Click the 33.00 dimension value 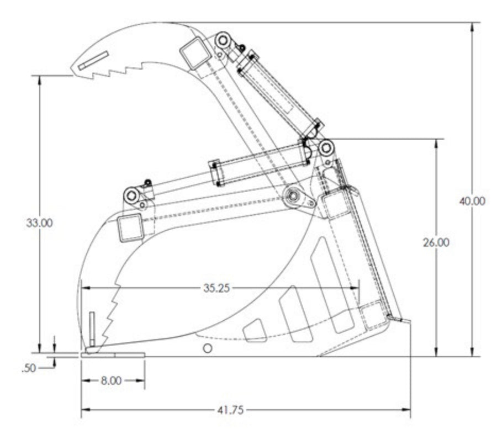[39, 224]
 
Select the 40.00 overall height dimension [472, 201]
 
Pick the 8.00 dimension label [113, 381]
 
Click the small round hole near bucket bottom [207, 348]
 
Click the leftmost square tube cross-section [131, 228]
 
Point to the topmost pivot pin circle [223, 40]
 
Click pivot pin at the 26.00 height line [326, 148]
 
